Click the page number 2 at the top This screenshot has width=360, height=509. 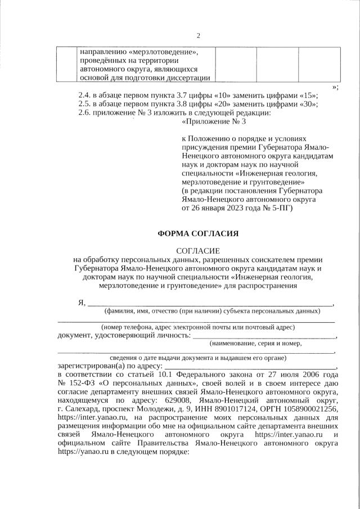(198, 37)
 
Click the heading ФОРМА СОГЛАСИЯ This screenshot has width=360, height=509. (198, 233)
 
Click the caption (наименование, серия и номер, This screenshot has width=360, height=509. (255, 343)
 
